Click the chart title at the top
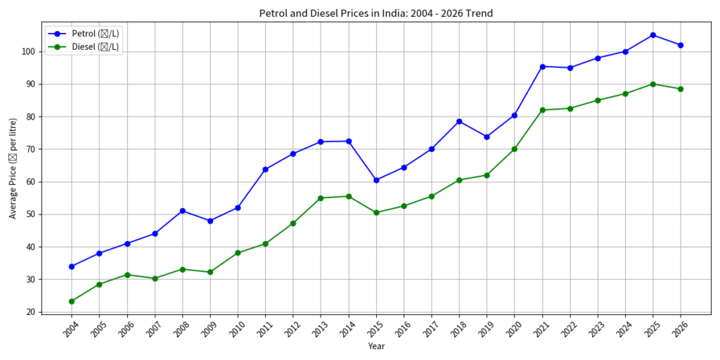376,13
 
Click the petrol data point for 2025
653,35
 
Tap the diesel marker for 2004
72,301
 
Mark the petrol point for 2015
376,180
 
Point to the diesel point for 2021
542,110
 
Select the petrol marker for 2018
459,122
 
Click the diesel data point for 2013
321,198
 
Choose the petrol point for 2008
182,211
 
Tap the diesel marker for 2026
681,89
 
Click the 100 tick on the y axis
28,51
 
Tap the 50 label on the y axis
30,214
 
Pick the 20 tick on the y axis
30,312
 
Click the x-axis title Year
376,346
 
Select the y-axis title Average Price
13,169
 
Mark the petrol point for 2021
542,67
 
